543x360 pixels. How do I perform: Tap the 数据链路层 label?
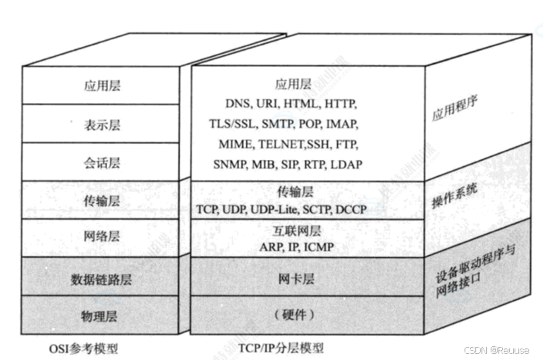tap(102, 279)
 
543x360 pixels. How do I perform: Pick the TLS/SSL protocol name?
tap(233, 123)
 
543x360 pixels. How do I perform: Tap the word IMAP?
tap(342, 123)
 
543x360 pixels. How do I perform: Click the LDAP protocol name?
tap(347, 165)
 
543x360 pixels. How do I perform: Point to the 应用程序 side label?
tap(450, 115)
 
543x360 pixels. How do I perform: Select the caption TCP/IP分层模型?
tap(280, 347)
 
